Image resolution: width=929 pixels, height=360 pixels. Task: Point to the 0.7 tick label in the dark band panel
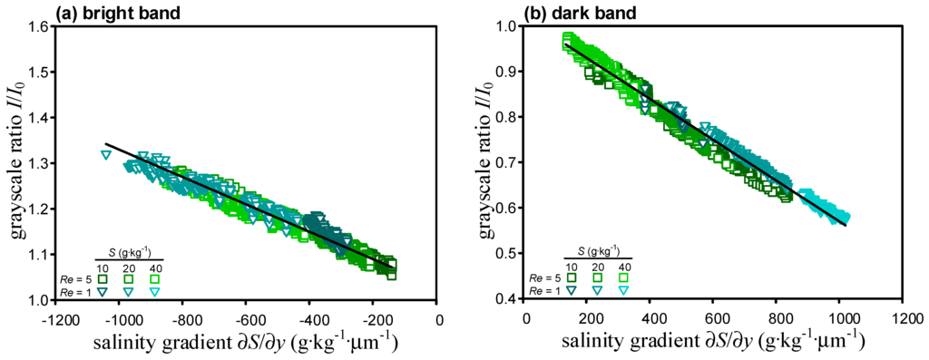(x=504, y=163)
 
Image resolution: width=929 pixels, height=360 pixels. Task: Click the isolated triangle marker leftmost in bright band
(x=106, y=155)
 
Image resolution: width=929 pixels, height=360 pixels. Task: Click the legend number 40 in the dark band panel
(x=624, y=266)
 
